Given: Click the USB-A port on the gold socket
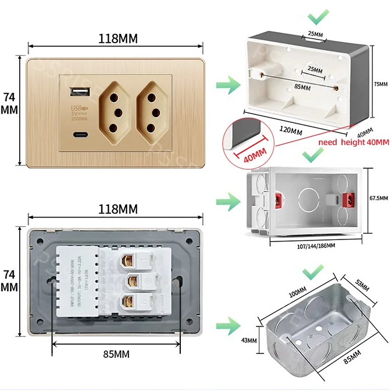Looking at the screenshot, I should click(78, 92).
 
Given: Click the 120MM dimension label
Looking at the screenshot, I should click(290, 131).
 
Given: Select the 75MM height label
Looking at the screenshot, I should click(380, 84).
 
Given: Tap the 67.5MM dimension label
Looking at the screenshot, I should click(378, 198).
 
